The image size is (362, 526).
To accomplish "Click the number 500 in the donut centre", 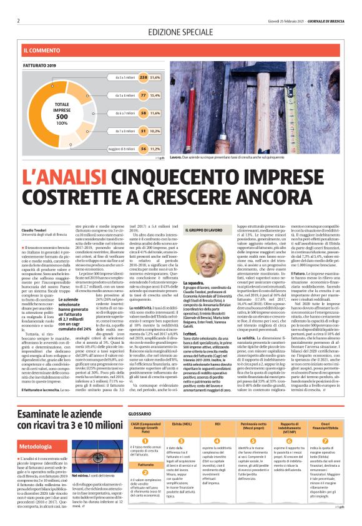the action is [x=62, y=117].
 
